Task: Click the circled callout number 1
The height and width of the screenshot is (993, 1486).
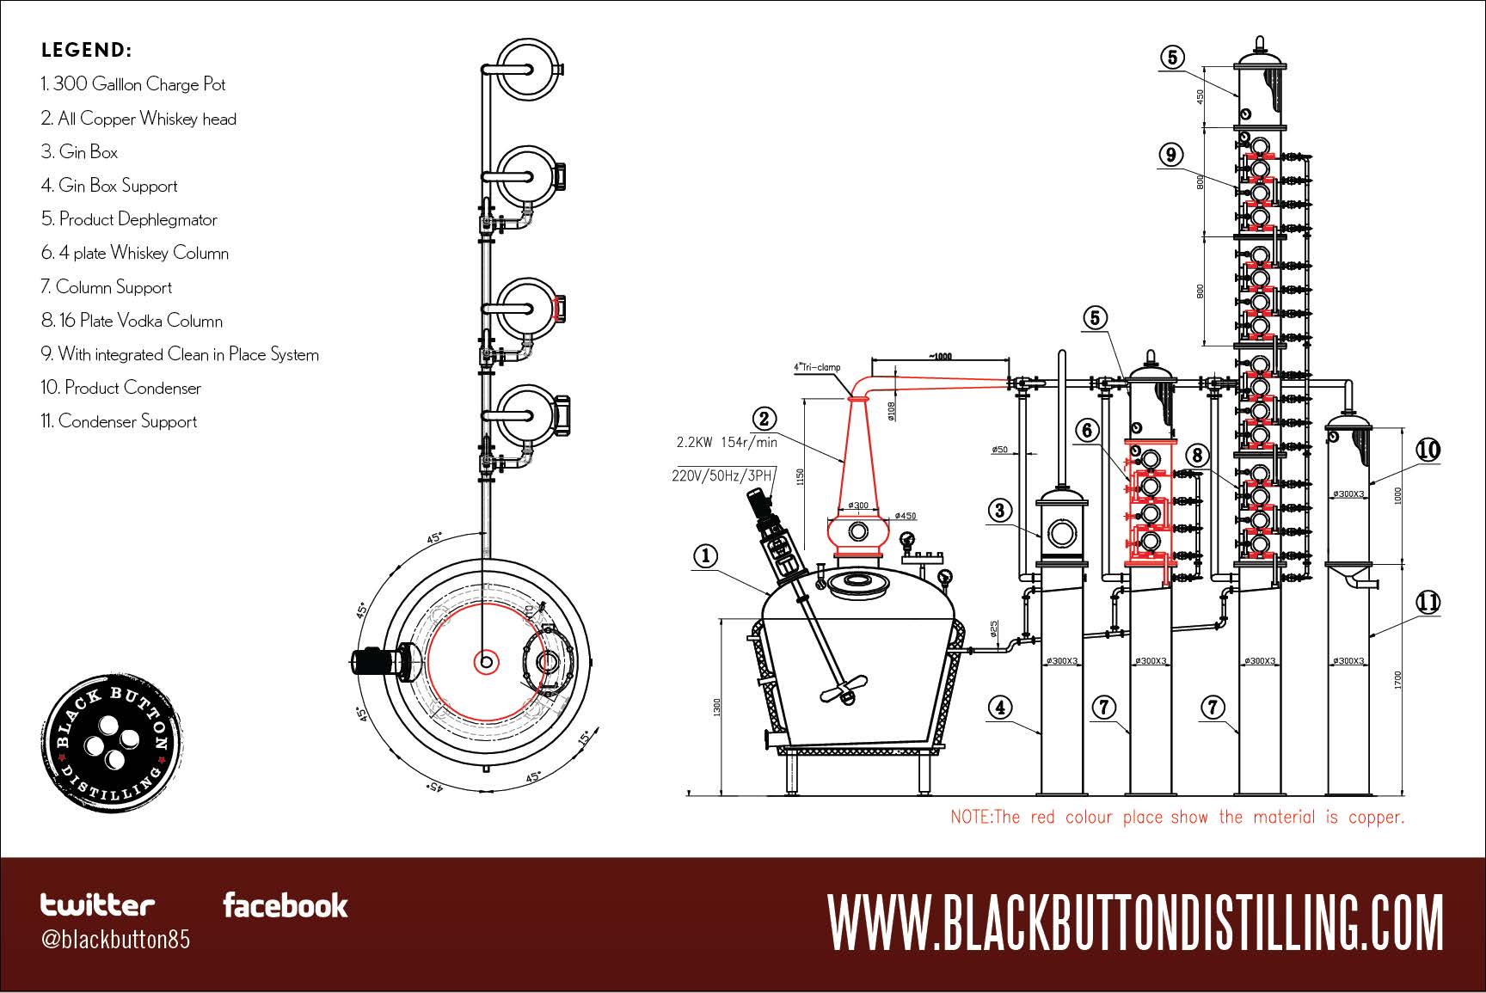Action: click(705, 556)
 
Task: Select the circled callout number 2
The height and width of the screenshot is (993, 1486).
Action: click(764, 419)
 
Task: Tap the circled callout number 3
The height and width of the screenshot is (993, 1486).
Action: click(999, 511)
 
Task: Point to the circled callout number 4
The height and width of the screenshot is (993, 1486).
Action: click(999, 708)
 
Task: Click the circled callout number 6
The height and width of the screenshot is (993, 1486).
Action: click(1088, 429)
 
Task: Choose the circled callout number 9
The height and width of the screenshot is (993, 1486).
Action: click(1171, 155)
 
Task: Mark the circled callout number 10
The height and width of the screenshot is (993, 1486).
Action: click(1428, 450)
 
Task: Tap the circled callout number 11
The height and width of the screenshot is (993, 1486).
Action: click(1428, 602)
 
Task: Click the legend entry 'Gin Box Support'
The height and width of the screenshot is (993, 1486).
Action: click(109, 186)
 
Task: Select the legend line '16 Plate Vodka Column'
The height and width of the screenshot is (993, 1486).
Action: click(132, 321)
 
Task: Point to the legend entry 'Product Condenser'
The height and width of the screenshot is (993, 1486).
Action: click(120, 388)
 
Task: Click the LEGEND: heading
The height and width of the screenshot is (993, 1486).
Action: click(86, 50)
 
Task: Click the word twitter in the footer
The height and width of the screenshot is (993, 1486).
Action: click(98, 904)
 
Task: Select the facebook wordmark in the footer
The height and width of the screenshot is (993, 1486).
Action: click(286, 905)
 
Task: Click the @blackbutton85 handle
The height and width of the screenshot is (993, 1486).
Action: click(115, 939)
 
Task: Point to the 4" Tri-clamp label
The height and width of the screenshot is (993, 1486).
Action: click(816, 367)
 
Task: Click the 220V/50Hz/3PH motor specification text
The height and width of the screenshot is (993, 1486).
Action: click(723, 475)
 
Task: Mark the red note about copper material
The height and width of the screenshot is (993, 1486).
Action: click(1176, 817)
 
